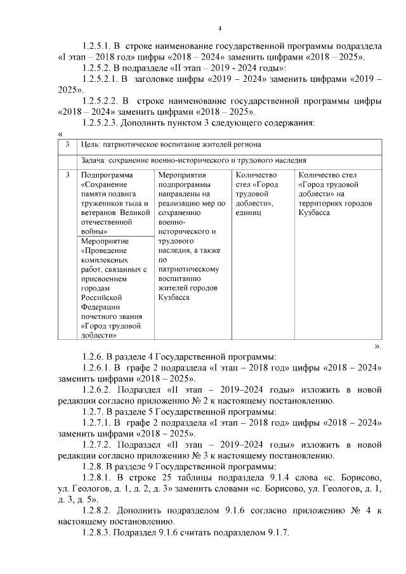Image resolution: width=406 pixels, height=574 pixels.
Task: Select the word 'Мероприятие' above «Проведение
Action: click(x=105, y=242)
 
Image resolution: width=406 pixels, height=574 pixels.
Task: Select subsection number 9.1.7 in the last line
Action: click(x=275, y=532)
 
